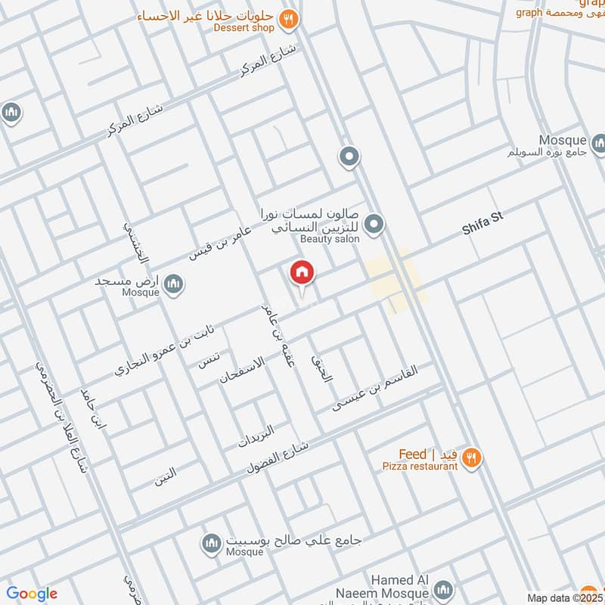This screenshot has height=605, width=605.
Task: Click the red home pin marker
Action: pyautogui.click(x=302, y=273)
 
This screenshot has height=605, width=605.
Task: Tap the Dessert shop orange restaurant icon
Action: pyautogui.click(x=287, y=20)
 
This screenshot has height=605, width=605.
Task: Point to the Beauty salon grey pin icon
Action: pyautogui.click(x=373, y=225)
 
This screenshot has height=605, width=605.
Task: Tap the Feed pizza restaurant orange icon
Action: pyautogui.click(x=471, y=457)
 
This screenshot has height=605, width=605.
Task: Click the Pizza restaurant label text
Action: pyautogui.click(x=419, y=467)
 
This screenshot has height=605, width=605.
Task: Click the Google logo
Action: pyautogui.click(x=32, y=594)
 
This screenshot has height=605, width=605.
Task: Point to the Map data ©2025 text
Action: pyautogui.click(x=564, y=597)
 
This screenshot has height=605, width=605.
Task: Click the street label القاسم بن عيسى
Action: pyautogui.click(x=375, y=387)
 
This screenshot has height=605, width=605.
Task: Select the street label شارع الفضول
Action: pyautogui.click(x=277, y=456)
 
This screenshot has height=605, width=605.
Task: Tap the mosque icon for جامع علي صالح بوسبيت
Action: pyautogui.click(x=210, y=543)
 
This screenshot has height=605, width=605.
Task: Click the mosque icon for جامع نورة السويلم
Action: pyautogui.click(x=598, y=141)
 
